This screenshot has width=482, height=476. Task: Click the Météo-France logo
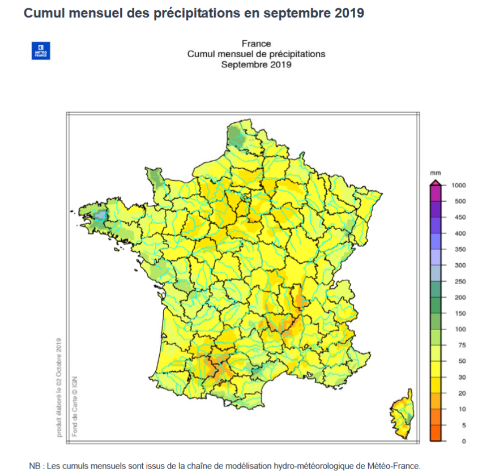(x=41, y=51)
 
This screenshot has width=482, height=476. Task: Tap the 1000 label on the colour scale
(x=458, y=185)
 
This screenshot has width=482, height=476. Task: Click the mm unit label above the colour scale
(x=435, y=173)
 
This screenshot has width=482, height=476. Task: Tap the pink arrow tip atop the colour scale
(x=436, y=182)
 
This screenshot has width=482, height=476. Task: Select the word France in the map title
(x=256, y=44)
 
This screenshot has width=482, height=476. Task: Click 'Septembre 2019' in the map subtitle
(x=256, y=65)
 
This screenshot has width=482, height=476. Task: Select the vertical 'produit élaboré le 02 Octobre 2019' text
(x=59, y=388)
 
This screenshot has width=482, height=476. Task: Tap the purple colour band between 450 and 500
(x=436, y=209)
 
